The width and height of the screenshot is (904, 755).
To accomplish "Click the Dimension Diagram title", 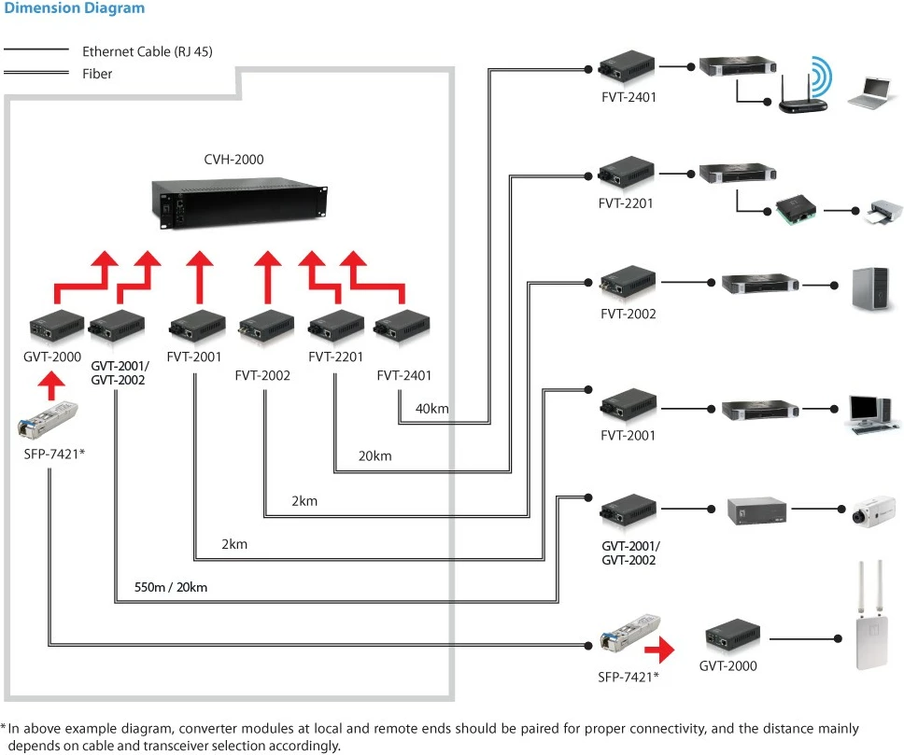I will [75, 8].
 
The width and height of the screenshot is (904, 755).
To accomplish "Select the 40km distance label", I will [432, 409].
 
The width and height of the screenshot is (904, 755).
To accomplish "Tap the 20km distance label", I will [374, 456].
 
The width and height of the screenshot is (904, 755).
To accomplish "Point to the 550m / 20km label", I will [170, 588].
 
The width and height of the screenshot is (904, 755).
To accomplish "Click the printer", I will [882, 212].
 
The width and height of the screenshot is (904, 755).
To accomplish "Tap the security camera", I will [871, 510].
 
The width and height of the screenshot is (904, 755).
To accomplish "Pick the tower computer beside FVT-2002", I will [872, 287].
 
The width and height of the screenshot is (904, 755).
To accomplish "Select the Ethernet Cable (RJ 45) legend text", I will [147, 51].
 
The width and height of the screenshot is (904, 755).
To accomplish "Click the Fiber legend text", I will [97, 73].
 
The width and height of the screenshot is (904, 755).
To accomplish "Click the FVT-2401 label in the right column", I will [629, 96].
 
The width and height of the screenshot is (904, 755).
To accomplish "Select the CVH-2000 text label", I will [233, 160].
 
